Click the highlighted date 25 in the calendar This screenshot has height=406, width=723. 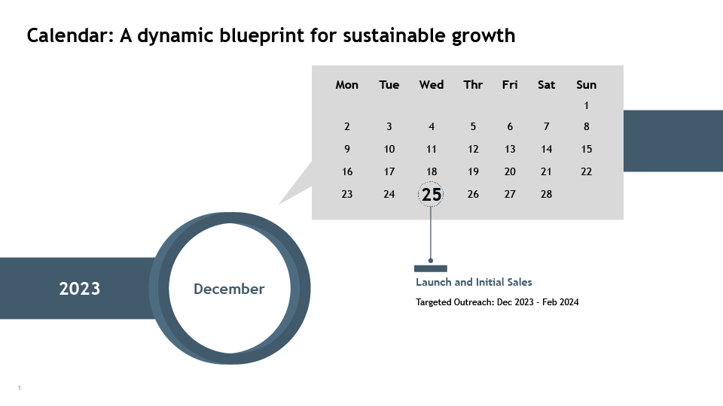point(431,195)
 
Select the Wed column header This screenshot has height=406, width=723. point(432,85)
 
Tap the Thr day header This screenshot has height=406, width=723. point(473,85)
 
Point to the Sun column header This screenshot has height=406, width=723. point(586,85)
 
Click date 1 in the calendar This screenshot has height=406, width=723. point(586,105)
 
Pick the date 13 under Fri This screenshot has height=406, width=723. point(510,149)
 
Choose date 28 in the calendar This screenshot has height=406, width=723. point(547,194)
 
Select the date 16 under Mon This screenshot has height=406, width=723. point(347,171)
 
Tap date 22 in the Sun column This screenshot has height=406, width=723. point(586,171)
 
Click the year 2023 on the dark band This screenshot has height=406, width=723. point(79,289)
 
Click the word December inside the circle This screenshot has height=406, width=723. point(229,289)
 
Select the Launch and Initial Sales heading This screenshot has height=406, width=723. point(474,282)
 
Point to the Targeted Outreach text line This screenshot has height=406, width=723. point(497,302)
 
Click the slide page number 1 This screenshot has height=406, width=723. point(20,388)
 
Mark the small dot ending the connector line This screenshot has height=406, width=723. point(431,261)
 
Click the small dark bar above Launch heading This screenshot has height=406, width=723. point(431,268)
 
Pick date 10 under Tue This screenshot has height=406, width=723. point(389,149)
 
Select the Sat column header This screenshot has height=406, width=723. point(547,85)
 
